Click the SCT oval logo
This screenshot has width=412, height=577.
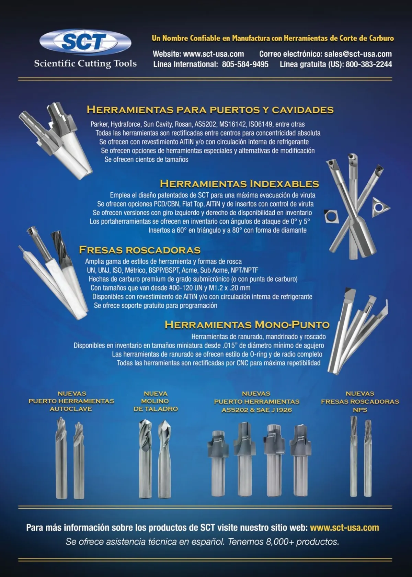pos(85,42)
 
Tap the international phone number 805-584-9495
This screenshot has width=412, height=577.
pos(245,64)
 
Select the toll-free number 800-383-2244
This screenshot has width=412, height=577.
pos(369,64)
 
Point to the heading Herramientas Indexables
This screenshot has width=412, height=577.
pos(240,184)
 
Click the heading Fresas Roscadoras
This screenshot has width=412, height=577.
pos(140,250)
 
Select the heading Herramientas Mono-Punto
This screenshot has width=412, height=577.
pos(247,325)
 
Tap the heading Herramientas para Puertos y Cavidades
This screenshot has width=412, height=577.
pos(210,110)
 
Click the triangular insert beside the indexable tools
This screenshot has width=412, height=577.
pos(380,207)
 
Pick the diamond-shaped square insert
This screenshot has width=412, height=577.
pos(331,216)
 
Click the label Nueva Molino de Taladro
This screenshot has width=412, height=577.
pos(156,401)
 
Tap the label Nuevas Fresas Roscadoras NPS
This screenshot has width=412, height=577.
pos(360,401)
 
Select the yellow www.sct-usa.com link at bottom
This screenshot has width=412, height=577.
pos(345,528)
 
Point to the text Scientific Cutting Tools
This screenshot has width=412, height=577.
pos(85,64)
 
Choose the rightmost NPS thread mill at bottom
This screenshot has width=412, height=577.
pos(368,458)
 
